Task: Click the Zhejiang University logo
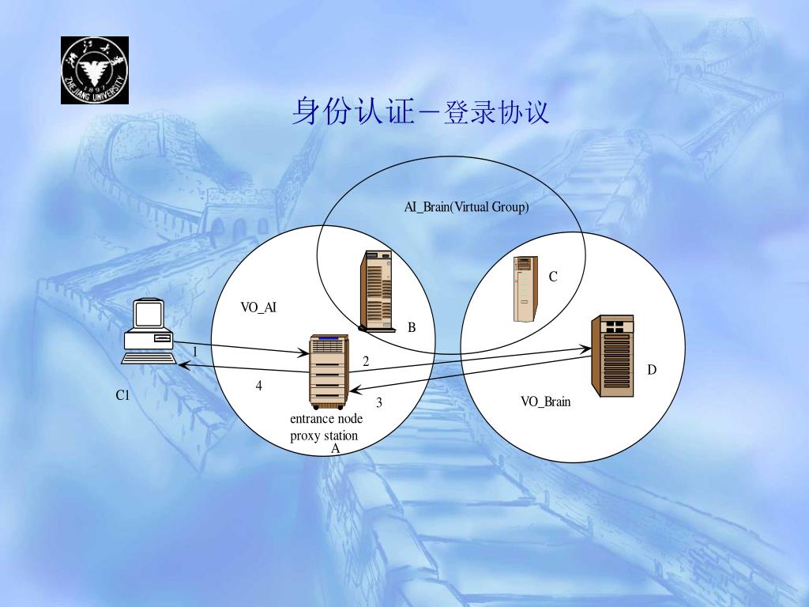coord(94,70)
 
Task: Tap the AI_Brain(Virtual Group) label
coord(466,207)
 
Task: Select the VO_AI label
coord(258,307)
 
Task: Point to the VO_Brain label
coord(545,402)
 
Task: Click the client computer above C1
coord(149,331)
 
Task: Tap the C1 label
coord(122,395)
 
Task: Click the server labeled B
coord(376,290)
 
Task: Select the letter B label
coord(412,327)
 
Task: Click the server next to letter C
coord(525,289)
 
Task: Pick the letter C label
coord(553,277)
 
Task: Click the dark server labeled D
coord(612,356)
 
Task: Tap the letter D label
coord(652,370)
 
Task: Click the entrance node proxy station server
coord(327,369)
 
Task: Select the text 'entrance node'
coord(326,419)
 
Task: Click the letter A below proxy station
coord(334,448)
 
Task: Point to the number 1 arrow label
coord(194,351)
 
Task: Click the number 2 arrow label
coord(366,361)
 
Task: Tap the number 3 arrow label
coord(379,402)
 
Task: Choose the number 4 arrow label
coord(258,386)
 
